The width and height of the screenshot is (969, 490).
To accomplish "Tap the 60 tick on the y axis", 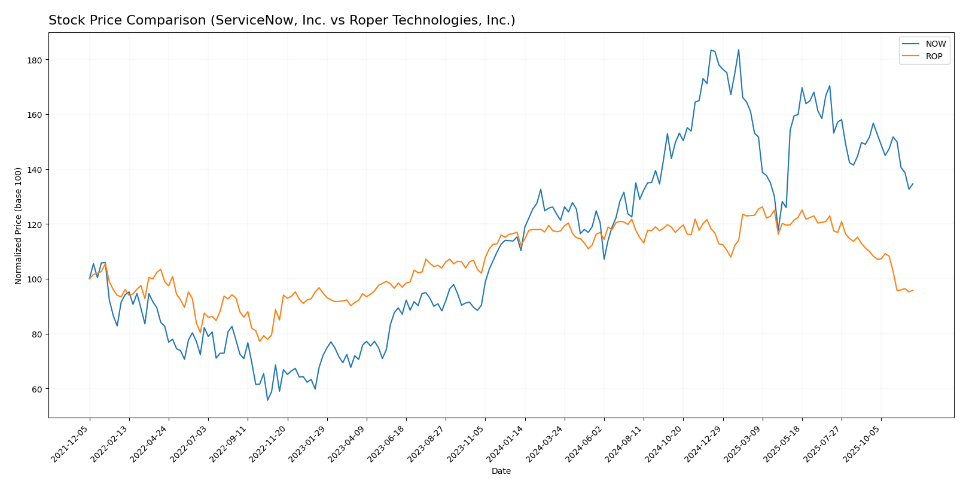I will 38,389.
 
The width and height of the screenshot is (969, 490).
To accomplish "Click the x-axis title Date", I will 501,471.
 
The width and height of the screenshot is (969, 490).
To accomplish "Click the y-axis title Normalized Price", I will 19,226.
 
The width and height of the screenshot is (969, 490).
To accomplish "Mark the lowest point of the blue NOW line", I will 267,400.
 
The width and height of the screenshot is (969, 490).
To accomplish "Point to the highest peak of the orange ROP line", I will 762,207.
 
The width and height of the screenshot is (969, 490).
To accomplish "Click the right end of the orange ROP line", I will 913,290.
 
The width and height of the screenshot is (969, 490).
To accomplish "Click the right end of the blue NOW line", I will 913,184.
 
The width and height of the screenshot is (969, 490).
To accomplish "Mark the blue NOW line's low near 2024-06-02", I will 604,259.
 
